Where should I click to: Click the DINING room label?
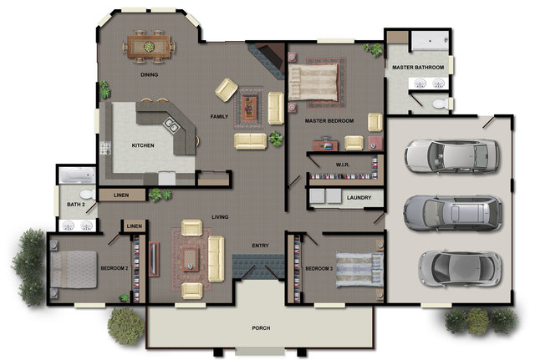(149, 74)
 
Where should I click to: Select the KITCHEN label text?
(143, 145)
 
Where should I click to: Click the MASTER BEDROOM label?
(329, 121)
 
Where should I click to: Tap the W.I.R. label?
(343, 164)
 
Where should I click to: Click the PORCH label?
(261, 327)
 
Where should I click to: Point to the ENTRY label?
(260, 246)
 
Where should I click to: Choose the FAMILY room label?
(220, 116)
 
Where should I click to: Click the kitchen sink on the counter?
(171, 126)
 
